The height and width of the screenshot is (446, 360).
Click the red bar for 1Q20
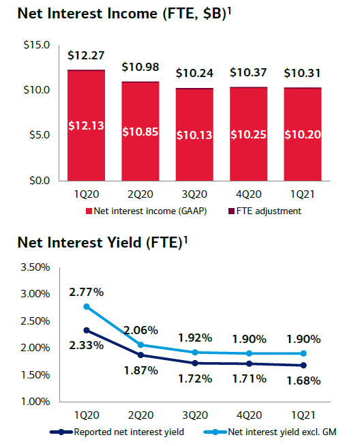[86, 125]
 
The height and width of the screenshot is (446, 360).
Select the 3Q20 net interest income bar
[194, 135]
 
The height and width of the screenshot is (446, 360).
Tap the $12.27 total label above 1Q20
[86, 55]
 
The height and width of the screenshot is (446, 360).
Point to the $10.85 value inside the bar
[140, 132]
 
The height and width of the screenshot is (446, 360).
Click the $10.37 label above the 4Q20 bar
[248, 72]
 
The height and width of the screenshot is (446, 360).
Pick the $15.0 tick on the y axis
[37, 45]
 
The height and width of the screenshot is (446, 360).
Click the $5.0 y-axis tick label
[40, 135]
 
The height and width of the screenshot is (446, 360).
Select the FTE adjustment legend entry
[265, 211]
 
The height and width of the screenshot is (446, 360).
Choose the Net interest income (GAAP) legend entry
[146, 211]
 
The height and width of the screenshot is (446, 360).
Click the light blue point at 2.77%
[87, 307]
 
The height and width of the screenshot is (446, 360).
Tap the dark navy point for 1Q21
[303, 366]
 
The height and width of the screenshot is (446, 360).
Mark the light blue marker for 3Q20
[195, 353]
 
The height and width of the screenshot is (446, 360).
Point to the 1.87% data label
[140, 370]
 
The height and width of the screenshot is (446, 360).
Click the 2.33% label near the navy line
[87, 345]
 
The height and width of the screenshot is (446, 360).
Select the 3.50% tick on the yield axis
[35, 267]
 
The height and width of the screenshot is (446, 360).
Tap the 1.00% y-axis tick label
[35, 402]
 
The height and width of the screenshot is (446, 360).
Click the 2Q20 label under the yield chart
[140, 415]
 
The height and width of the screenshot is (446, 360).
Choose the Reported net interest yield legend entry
[117, 432]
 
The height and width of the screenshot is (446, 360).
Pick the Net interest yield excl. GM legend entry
[270, 432]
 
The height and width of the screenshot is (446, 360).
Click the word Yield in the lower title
[124, 243]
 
